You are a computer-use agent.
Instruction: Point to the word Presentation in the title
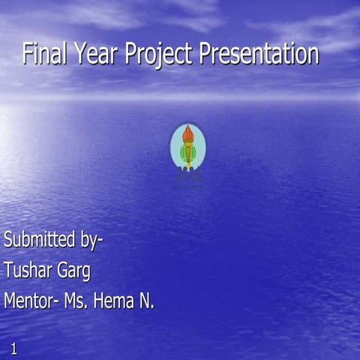[x=259, y=54]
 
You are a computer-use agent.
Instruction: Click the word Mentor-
[x=31, y=301]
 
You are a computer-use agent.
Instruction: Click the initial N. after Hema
[x=146, y=301]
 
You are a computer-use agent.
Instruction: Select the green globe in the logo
[x=187, y=153]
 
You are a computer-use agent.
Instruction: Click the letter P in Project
[x=131, y=54]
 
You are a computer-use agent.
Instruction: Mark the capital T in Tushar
[x=8, y=270]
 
